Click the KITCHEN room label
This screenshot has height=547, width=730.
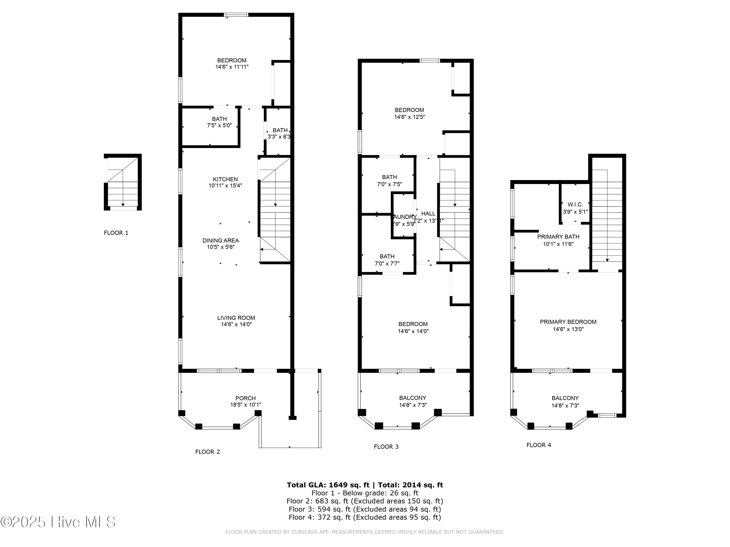click(225, 179)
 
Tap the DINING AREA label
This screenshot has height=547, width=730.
click(220, 240)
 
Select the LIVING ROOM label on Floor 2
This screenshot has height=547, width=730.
click(236, 318)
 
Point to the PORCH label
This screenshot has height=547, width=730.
click(245, 398)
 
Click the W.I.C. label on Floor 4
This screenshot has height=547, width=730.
click(575, 204)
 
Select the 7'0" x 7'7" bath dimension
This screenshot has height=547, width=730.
click(387, 264)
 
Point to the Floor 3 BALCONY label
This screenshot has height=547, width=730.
click(412, 398)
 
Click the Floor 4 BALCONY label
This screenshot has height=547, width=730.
click(565, 398)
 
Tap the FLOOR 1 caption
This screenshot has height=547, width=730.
click(116, 233)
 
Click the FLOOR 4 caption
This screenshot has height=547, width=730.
click(538, 445)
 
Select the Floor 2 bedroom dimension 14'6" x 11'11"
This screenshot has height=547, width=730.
click(232, 67)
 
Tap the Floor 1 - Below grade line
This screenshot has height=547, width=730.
click(365, 493)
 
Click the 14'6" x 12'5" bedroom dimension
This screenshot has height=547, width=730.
click(409, 117)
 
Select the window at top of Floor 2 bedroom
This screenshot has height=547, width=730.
click(236, 15)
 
